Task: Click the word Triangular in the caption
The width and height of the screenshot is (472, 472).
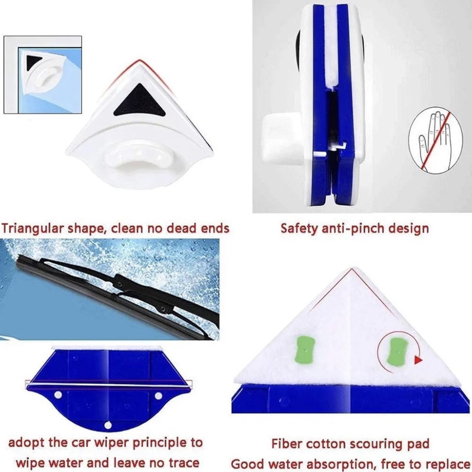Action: [x=32, y=228]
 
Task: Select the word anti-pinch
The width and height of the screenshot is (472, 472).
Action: [x=352, y=228]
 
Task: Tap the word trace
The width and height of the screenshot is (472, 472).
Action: [x=182, y=463]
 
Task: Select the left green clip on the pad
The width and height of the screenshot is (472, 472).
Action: [x=305, y=350]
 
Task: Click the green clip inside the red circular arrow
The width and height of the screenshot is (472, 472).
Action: [x=398, y=350]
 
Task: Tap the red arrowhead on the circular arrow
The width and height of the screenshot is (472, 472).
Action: [x=418, y=360]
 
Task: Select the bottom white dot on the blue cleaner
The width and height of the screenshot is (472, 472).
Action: [x=108, y=425]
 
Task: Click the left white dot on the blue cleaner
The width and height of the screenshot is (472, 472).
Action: [x=58, y=395]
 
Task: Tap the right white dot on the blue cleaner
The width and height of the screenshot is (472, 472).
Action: [x=158, y=396]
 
